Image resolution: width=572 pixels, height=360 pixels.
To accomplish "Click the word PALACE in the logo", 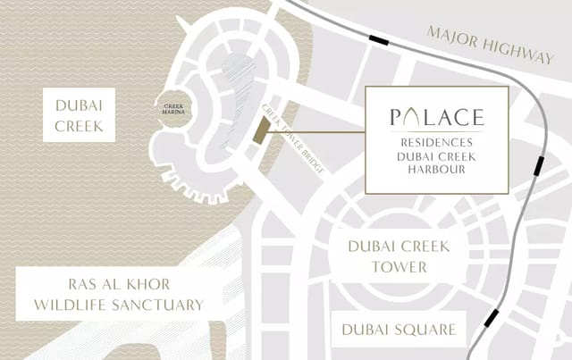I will (x=437, y=117).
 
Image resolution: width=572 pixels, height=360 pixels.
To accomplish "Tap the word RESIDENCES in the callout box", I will (x=437, y=141).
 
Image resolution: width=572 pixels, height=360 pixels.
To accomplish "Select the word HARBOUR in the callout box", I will (x=437, y=170).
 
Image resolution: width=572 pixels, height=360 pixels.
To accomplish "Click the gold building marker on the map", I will (x=258, y=130).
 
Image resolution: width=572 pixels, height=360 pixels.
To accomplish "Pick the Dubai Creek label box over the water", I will (x=80, y=115).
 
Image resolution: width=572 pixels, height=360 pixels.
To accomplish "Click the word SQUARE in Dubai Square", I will (x=422, y=330).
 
